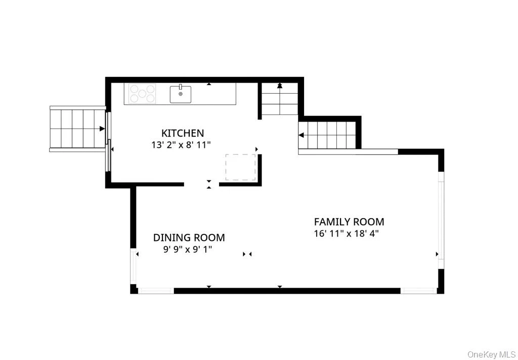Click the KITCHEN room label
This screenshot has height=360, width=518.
click(x=182, y=133)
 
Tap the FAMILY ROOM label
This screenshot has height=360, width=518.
click(x=349, y=221)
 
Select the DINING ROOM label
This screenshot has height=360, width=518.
click(x=189, y=237)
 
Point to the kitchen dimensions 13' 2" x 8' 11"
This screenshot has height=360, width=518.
click(x=181, y=145)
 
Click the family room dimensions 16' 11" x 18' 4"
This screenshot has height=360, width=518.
click(x=346, y=234)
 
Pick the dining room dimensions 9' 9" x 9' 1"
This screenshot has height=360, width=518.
click(x=187, y=249)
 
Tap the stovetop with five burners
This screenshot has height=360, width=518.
click(x=142, y=94)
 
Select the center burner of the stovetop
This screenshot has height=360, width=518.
click(x=142, y=94)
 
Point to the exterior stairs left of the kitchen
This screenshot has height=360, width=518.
click(x=77, y=129)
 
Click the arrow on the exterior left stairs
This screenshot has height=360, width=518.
click(x=102, y=129)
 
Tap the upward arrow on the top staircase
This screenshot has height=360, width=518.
click(x=280, y=85)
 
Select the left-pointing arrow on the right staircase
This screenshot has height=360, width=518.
click(x=301, y=135)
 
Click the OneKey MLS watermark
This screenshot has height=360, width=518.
click(x=491, y=355)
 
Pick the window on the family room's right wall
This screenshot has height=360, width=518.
click(x=441, y=220)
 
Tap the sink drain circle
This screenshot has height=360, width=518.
click(x=181, y=94)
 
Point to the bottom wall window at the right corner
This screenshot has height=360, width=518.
click(x=418, y=291)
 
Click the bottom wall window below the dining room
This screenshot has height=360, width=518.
click(x=156, y=291)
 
